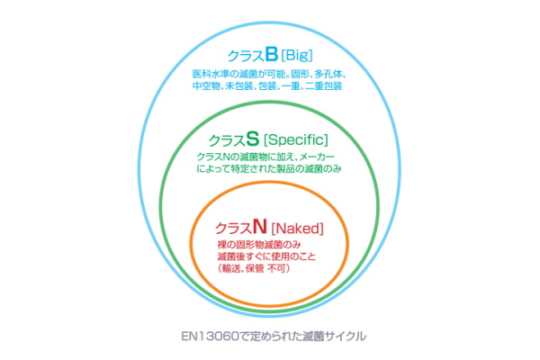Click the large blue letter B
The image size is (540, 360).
pos(271,56)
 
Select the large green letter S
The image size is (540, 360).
pos(253,139)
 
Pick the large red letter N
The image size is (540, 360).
pos(259,224)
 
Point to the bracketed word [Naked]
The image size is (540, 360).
pos(297,225)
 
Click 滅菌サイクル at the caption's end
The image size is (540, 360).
pos(334,337)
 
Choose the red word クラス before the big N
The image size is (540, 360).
pos(234,226)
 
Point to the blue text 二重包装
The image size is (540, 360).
pos(327,86)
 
